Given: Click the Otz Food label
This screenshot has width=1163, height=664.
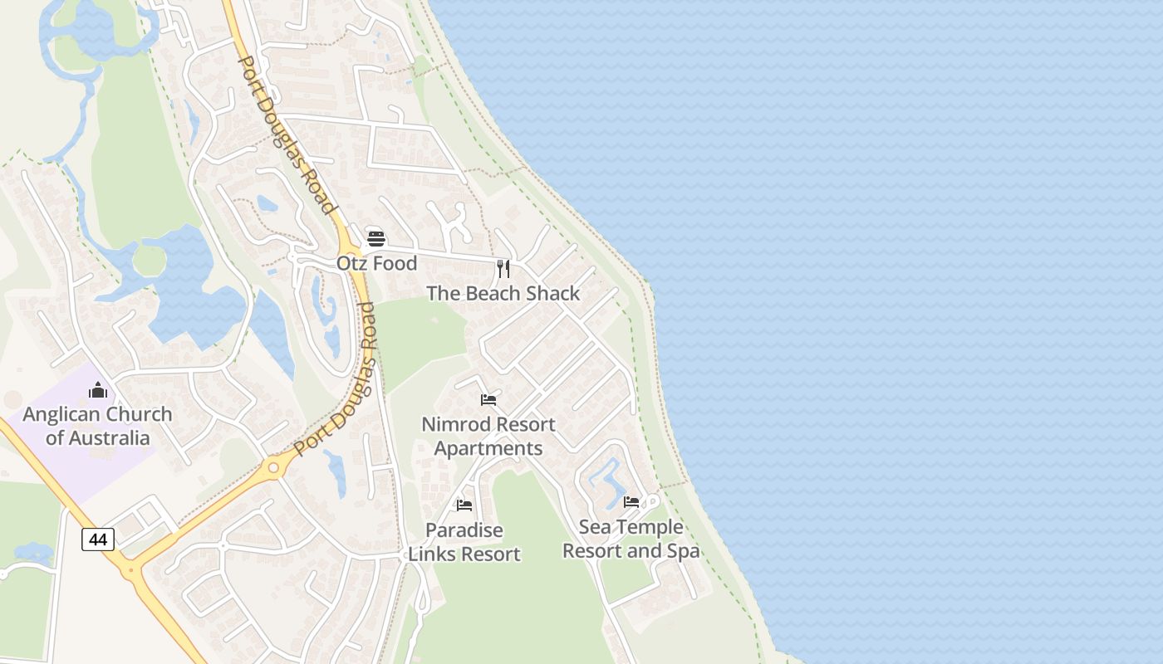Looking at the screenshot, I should (376, 263).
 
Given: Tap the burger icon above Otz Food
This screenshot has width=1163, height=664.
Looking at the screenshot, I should (376, 240).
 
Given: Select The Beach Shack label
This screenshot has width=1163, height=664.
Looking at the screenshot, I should (503, 293).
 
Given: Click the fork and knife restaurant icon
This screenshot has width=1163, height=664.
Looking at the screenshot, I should (503, 268).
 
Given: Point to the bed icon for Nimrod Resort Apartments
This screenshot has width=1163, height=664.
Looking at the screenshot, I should (488, 400).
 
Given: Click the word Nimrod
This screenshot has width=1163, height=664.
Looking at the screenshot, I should (455, 424).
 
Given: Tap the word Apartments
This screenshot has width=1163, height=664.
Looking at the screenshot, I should (488, 448).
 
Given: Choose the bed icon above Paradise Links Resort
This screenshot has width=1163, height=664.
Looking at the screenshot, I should (464, 505).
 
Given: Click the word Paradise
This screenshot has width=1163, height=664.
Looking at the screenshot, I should (464, 530).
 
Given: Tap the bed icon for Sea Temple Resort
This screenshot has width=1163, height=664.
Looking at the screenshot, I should (631, 502).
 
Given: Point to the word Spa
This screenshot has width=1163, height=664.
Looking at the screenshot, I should (680, 551).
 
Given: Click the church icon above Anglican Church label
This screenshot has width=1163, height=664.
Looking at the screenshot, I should (98, 390).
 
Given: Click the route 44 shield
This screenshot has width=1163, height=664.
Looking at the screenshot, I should (98, 539).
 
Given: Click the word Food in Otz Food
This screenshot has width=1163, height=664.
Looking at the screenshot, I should (395, 263).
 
